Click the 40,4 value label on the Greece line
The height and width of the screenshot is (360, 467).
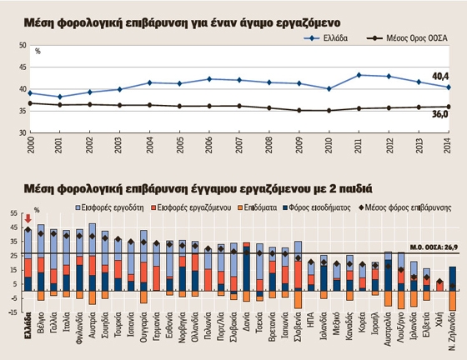[x=440, y=77]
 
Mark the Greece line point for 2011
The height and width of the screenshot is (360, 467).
[x=359, y=75]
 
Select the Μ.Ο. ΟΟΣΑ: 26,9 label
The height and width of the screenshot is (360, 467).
[x=429, y=247]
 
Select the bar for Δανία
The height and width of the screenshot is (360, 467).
[x=246, y=271]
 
